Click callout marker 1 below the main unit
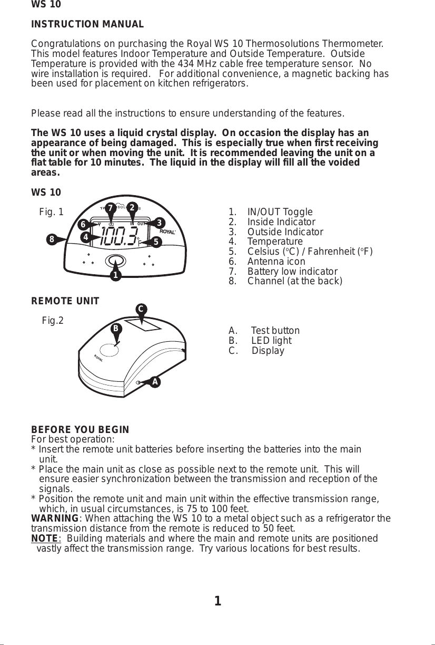(x=115, y=275)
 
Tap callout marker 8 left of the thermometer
(x=52, y=239)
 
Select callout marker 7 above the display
(x=110, y=207)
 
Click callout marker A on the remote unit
(x=155, y=381)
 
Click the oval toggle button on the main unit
(x=116, y=261)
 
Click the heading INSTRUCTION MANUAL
(x=87, y=25)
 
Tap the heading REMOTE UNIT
(x=65, y=301)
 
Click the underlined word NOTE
(x=44, y=538)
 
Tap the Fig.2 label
(x=53, y=320)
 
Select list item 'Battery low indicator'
(x=292, y=272)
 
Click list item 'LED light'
(x=271, y=341)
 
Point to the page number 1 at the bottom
(x=217, y=601)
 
